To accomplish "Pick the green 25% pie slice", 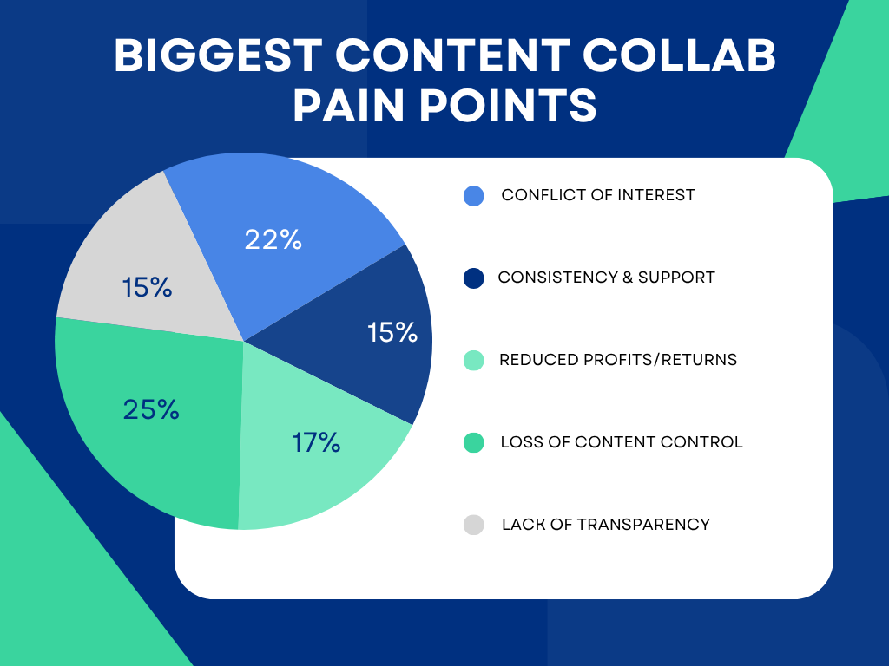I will click(148, 434).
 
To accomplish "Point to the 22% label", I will click(273, 240).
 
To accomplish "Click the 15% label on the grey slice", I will click(147, 287).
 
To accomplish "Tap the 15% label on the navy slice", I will click(392, 332).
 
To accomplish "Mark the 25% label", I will click(151, 409).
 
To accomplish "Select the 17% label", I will click(316, 443).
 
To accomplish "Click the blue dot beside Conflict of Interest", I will click(473, 196).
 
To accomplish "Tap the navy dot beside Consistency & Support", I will click(473, 278).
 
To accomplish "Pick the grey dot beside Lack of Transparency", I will click(473, 525).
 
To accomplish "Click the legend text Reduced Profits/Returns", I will click(618, 360).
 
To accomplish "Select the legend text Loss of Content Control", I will click(622, 442).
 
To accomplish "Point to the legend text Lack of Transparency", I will click(606, 525).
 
